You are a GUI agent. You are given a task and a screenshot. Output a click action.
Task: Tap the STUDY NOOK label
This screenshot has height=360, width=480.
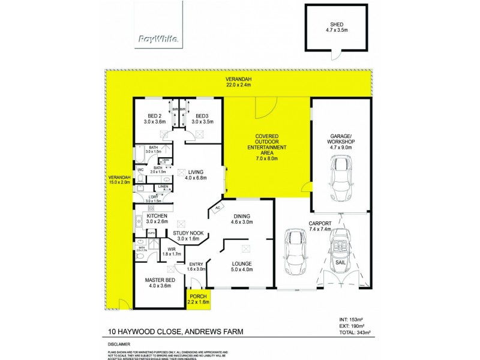pos(187,236)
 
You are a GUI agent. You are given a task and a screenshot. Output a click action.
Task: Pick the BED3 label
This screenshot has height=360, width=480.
pos(201,119)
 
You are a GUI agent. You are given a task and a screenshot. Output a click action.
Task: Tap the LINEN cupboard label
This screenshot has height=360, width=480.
pos(163,187)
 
